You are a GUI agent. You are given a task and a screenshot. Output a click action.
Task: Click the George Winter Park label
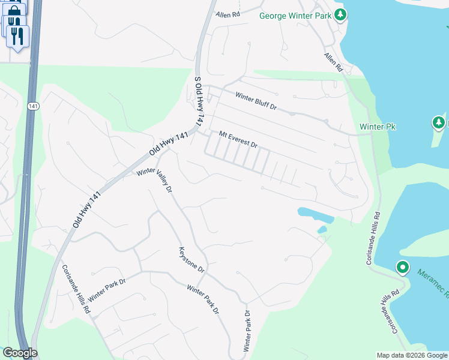296,15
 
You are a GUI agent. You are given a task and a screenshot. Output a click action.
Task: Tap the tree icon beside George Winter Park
341,14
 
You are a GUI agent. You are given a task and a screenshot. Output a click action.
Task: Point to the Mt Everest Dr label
238,140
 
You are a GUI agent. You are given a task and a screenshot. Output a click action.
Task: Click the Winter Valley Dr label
155,179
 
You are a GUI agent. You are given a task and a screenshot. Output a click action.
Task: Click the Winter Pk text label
378,127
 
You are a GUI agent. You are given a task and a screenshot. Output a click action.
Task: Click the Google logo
20,353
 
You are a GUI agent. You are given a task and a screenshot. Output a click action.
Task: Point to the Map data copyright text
411,355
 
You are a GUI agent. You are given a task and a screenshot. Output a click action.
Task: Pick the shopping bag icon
15,10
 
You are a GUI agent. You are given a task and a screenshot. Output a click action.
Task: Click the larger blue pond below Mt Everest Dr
312,213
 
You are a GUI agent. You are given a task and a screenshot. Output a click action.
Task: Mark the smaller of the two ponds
322,229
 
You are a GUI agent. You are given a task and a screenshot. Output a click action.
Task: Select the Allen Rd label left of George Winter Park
228,13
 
